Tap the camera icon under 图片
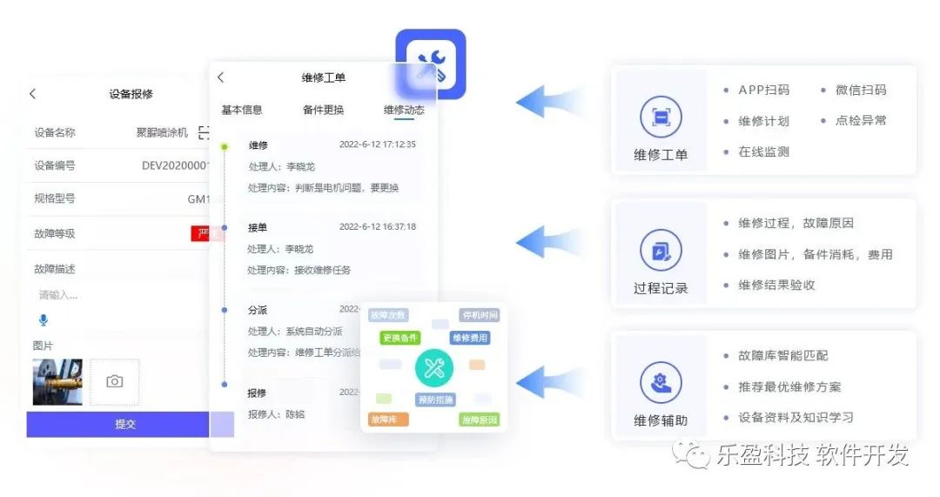click(114, 381)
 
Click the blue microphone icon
click(44, 320)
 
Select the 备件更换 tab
click(323, 110)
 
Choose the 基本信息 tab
click(242, 110)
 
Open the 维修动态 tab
click(404, 110)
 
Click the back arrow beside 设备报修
click(33, 94)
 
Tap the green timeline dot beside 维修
click(225, 146)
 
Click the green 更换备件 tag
click(399, 338)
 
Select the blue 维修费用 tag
click(469, 338)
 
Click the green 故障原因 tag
click(479, 420)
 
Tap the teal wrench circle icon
click(433, 369)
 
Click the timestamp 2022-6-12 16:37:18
click(377, 227)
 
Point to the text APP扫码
click(763, 90)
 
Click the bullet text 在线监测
click(763, 151)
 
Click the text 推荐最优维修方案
click(789, 386)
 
